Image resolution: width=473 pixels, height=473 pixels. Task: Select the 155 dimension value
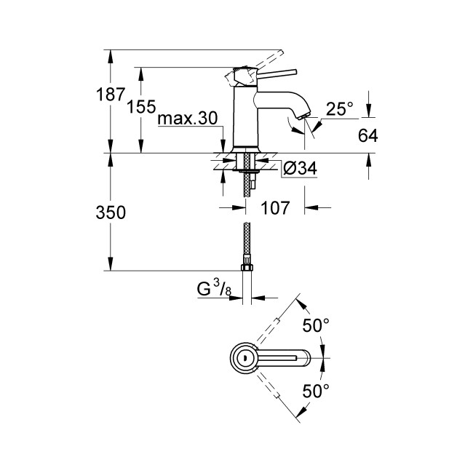141,107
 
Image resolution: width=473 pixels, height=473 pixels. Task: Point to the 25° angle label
339,109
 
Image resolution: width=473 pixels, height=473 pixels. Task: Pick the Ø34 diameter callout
297,169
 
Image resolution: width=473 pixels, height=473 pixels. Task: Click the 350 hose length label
111,212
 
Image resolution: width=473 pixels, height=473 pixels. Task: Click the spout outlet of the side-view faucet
302,118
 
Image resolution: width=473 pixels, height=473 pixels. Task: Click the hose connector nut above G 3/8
247,265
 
